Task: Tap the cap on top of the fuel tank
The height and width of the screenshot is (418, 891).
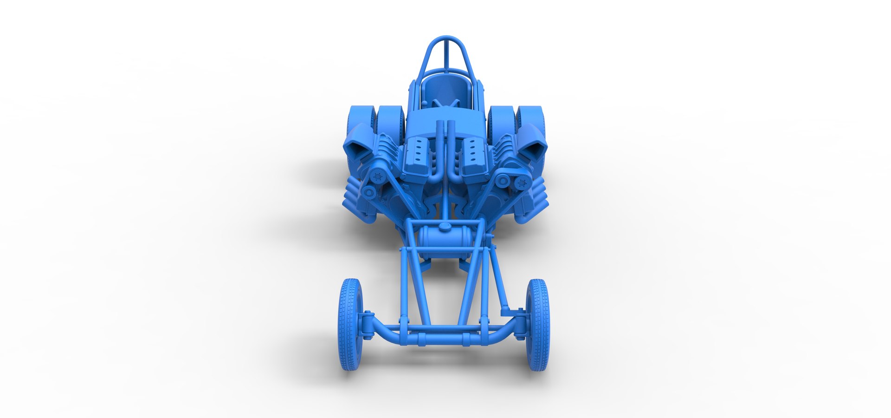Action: [x=445, y=227]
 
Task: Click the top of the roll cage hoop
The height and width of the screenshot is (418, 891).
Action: [x=445, y=39]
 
